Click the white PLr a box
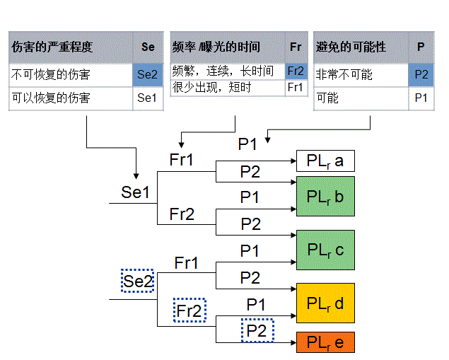pyautogui.click(x=325, y=161)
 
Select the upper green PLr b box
pyautogui.click(x=325, y=196)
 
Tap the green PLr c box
pyautogui.click(x=325, y=249)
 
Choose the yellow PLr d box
pyautogui.click(x=325, y=303)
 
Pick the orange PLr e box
pyautogui.click(x=325, y=342)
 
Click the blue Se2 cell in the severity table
pyautogui.click(x=147, y=74)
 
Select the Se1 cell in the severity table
pyautogui.click(x=147, y=98)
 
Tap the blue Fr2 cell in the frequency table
pyautogui.click(x=296, y=71)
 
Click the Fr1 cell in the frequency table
pyautogui.click(x=296, y=88)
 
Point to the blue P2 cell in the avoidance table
pyautogui.click(x=421, y=74)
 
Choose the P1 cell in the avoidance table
pyautogui.click(x=421, y=98)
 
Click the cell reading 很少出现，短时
pyautogui.click(x=226, y=88)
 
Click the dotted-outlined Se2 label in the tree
pyautogui.click(x=137, y=281)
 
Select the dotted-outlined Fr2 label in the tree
pyautogui.click(x=189, y=310)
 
